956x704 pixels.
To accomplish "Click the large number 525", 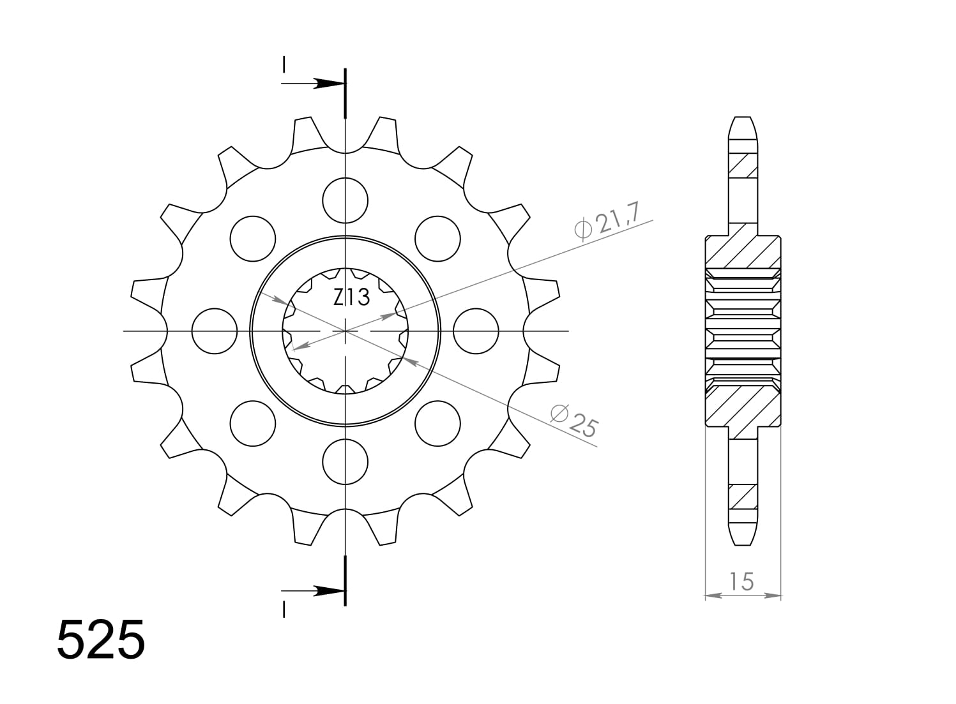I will [x=101, y=639].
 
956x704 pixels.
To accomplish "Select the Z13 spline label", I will [x=351, y=297].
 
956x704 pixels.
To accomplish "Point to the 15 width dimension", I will [x=742, y=581].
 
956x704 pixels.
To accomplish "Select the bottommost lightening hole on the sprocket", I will [x=345, y=461].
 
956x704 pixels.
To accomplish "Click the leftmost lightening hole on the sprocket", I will [x=215, y=331].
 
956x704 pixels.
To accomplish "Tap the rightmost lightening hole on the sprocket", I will [x=476, y=331].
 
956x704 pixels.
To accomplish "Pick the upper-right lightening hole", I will [x=437, y=239].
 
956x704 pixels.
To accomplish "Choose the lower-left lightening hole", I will [x=253, y=424].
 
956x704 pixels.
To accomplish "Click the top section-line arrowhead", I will [x=330, y=84].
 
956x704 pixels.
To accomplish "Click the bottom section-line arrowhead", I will [x=330, y=591].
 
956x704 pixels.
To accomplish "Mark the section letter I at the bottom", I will [x=284, y=610].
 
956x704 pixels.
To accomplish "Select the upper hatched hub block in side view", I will [x=742, y=252].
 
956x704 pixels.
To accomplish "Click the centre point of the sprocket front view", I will [x=345, y=331].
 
